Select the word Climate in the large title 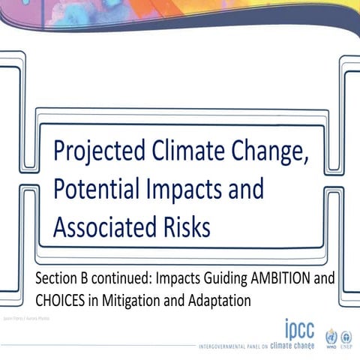178,152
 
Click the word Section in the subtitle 55,279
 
